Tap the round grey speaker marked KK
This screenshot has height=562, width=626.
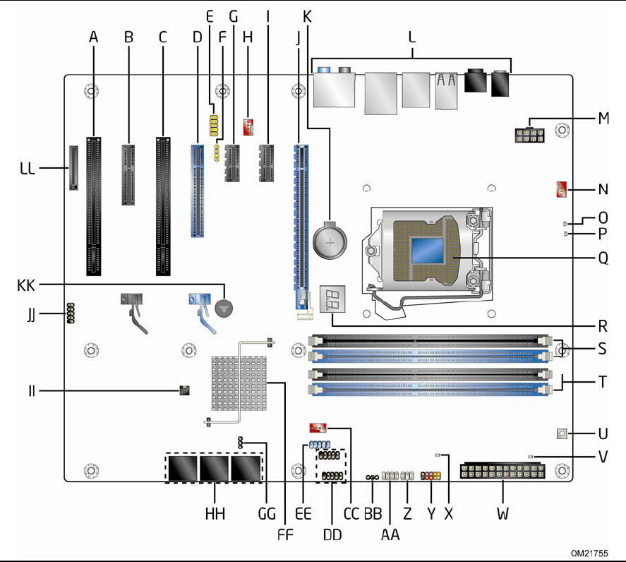click(224, 307)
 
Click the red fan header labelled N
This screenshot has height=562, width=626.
click(560, 189)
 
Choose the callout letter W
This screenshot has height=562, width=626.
click(502, 514)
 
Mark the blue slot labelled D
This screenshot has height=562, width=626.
click(197, 191)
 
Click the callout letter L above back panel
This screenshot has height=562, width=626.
click(413, 37)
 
